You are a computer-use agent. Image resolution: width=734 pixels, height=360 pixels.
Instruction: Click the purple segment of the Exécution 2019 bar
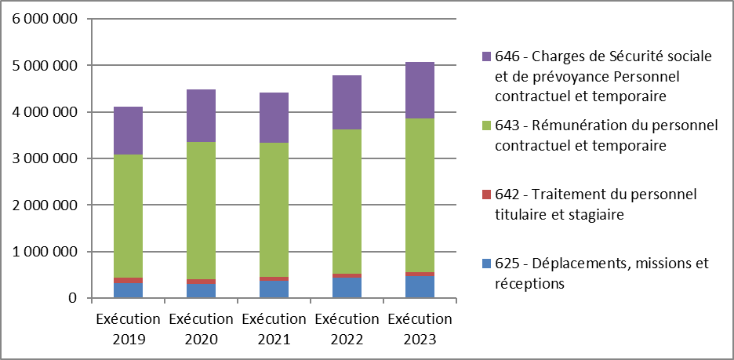pos(128,130)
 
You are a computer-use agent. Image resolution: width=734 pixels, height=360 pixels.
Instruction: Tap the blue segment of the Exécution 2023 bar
pos(420,287)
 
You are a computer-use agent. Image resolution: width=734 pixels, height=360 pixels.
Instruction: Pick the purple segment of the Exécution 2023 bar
pos(420,90)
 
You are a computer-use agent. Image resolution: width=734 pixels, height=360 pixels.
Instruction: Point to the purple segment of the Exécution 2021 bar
pos(274,118)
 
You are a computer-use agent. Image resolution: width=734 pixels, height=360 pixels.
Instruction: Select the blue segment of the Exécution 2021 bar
pos(274,289)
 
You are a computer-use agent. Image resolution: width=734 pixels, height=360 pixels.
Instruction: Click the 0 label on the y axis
pos(72,298)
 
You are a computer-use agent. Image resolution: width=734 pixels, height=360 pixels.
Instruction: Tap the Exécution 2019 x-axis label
pos(128,329)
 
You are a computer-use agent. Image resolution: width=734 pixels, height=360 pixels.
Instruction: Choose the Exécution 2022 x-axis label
pos(347,329)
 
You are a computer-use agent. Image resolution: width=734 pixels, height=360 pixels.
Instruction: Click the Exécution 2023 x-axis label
pos(420,329)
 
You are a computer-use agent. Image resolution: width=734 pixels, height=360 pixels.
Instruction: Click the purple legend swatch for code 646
pos(486,56)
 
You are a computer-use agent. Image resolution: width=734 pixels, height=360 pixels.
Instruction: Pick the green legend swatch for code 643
pos(486,126)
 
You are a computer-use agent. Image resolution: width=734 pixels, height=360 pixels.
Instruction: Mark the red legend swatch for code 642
pos(486,195)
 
